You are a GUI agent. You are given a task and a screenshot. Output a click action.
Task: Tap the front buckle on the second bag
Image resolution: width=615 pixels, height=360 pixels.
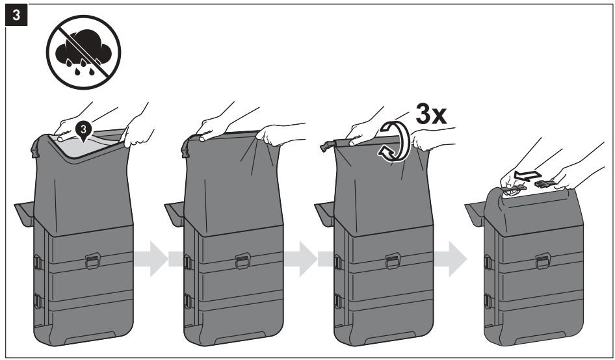242,261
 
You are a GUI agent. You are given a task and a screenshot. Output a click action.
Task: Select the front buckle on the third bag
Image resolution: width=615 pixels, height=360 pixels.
393,261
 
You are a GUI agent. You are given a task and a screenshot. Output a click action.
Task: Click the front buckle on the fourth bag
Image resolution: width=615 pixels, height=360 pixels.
543,261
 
